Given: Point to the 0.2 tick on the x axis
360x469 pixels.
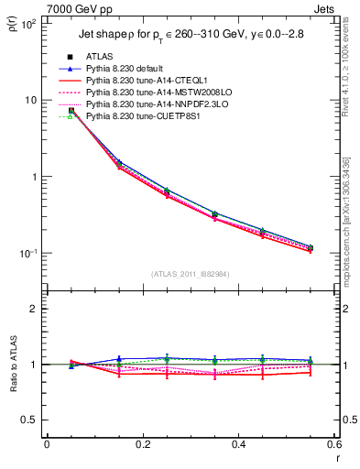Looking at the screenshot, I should pos(142,445).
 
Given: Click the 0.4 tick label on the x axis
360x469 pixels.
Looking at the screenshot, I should pos(238,445).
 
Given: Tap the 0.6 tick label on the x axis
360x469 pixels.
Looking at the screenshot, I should pos(333,445).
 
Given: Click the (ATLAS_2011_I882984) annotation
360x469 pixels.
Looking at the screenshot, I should pos(191,274).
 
